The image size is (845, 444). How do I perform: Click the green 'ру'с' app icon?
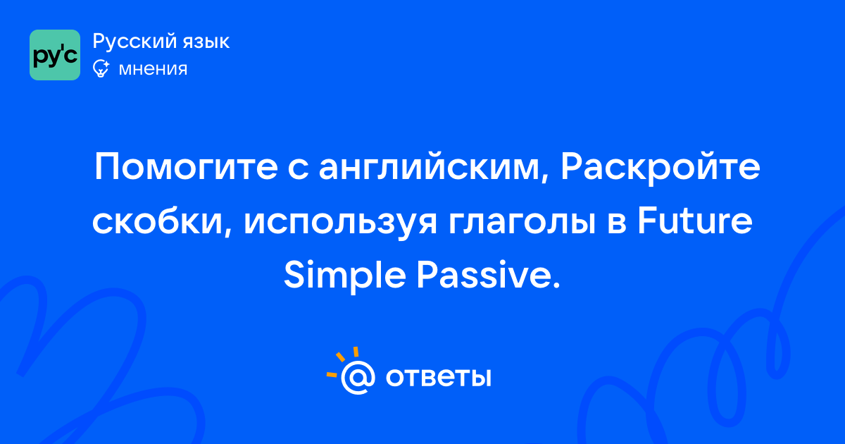click(x=55, y=55)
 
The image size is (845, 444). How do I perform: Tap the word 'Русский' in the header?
click(x=134, y=42)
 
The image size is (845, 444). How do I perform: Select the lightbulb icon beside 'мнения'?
click(x=101, y=68)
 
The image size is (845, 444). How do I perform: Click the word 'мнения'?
click(x=153, y=69)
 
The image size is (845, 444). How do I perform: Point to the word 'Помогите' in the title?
click(x=187, y=167)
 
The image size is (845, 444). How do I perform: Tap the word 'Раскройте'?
click(x=661, y=168)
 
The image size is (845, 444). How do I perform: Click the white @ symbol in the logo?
click(x=358, y=377)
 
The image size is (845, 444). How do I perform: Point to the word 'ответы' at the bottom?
click(x=438, y=377)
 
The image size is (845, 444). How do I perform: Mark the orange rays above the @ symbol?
click(x=342, y=362)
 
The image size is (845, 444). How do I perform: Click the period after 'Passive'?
click(x=556, y=285)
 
